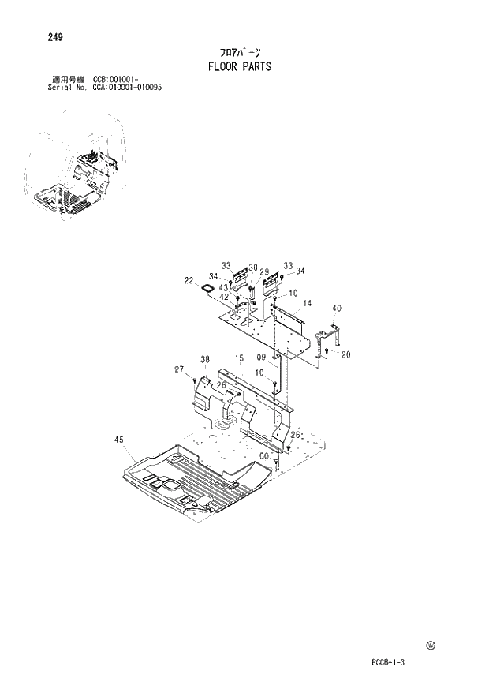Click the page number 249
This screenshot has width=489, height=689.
click(55, 37)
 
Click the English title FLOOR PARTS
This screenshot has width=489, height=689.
click(239, 66)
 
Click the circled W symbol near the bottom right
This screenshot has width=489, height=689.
click(431, 645)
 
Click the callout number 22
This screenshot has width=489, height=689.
click(189, 280)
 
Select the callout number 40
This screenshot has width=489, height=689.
click(337, 308)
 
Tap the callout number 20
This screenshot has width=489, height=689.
click(345, 355)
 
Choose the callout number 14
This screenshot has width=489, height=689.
click(307, 303)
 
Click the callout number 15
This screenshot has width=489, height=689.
click(238, 360)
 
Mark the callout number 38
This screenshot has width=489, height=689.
click(205, 359)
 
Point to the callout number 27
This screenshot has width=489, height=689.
click(179, 369)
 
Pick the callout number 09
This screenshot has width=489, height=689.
click(261, 357)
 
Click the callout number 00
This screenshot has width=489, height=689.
click(265, 456)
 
